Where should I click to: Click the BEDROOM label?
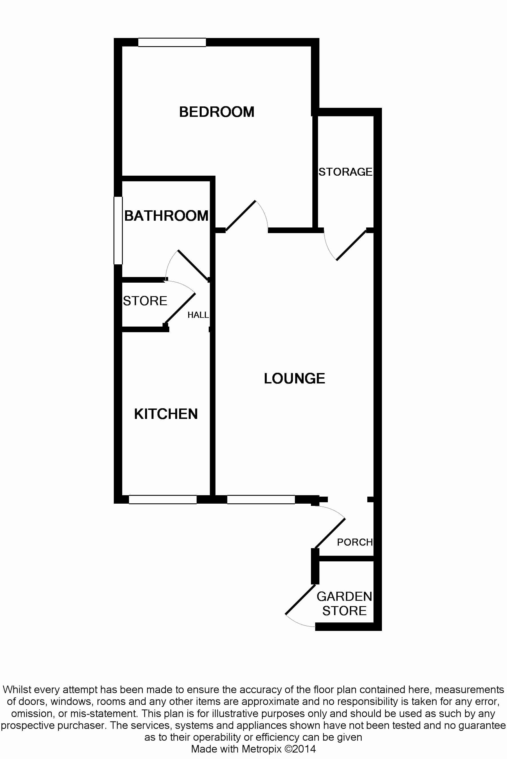coord(217,112)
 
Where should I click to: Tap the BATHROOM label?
coord(166,216)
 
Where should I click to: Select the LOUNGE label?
coord(294,378)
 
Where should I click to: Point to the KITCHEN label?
coord(166,414)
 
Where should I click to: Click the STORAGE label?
coord(345,172)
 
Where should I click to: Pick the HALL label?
coord(198,315)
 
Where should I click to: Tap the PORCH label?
coord(355,542)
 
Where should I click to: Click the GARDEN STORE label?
coord(344,603)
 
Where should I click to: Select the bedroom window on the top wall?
coord(172,42)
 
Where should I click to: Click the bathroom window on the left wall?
coord(118,230)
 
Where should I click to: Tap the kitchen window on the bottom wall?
coord(163,499)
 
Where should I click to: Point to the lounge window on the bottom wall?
coord(261,499)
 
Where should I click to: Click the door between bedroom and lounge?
coord(241,216)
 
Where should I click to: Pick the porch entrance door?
coord(330,533)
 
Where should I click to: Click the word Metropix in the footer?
coord(262,749)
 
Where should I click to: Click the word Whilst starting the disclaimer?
coord(17,689)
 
